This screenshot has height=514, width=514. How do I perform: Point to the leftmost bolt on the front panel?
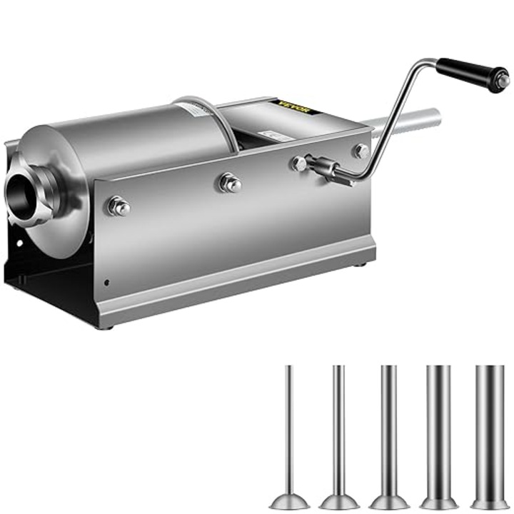[x=118, y=207]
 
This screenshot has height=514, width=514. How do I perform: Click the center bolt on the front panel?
[x=230, y=183]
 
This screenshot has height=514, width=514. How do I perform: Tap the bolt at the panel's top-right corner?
[x=362, y=151]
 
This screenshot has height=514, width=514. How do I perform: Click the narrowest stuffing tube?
[x=289, y=428]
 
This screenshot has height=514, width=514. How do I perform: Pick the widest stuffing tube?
[x=490, y=428]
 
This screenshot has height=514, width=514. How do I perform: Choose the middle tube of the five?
[x=388, y=428]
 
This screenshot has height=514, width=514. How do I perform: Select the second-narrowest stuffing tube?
[x=338, y=428]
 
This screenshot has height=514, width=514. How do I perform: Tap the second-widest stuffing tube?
[x=438, y=428]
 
